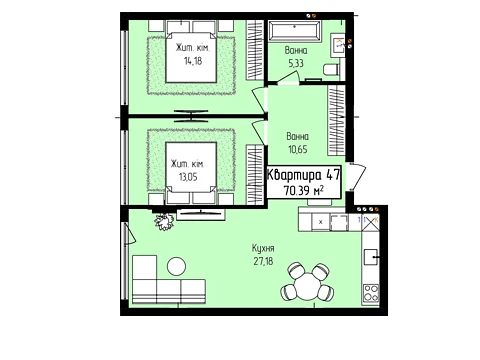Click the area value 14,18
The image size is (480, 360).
(193, 61)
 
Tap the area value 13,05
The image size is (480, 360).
(188, 177)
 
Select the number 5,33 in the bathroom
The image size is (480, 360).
(296, 63)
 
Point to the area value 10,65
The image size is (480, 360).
(298, 149)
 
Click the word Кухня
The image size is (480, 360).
(263, 248)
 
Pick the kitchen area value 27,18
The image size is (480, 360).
(263, 261)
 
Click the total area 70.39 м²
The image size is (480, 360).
(304, 191)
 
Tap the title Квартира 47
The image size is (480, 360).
(304, 175)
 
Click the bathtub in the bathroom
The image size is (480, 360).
(295, 32)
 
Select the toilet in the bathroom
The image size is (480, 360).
(331, 69)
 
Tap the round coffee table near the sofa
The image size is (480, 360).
(176, 266)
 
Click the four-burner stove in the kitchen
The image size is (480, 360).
(371, 293)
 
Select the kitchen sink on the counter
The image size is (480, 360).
(371, 257)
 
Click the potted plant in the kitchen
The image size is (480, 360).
(164, 221)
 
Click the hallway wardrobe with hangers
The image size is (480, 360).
(336, 121)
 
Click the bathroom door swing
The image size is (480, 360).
(289, 78)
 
